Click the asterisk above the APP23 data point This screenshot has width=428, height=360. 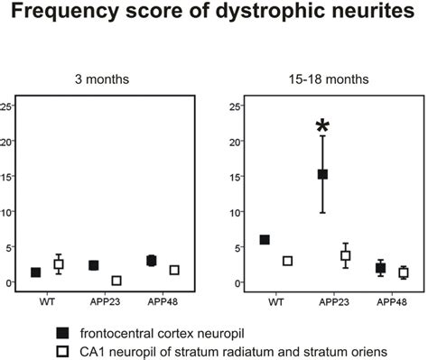321,125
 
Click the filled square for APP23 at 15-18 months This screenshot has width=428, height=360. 322,174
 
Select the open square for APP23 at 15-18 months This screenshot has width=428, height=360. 345,256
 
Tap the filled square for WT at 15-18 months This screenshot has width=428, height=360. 265,239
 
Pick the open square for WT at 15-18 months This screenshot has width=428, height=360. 287,261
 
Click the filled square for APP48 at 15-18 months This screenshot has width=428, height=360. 380,268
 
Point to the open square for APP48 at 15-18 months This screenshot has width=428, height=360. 403,272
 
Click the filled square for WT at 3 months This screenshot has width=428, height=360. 36,272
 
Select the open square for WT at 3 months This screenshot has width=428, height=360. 59,264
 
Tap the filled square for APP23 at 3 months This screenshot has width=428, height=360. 93,265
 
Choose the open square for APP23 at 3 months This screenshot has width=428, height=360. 116,281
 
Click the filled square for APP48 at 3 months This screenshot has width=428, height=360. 152,261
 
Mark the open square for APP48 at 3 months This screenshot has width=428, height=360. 174,270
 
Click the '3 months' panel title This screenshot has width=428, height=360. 102,79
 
